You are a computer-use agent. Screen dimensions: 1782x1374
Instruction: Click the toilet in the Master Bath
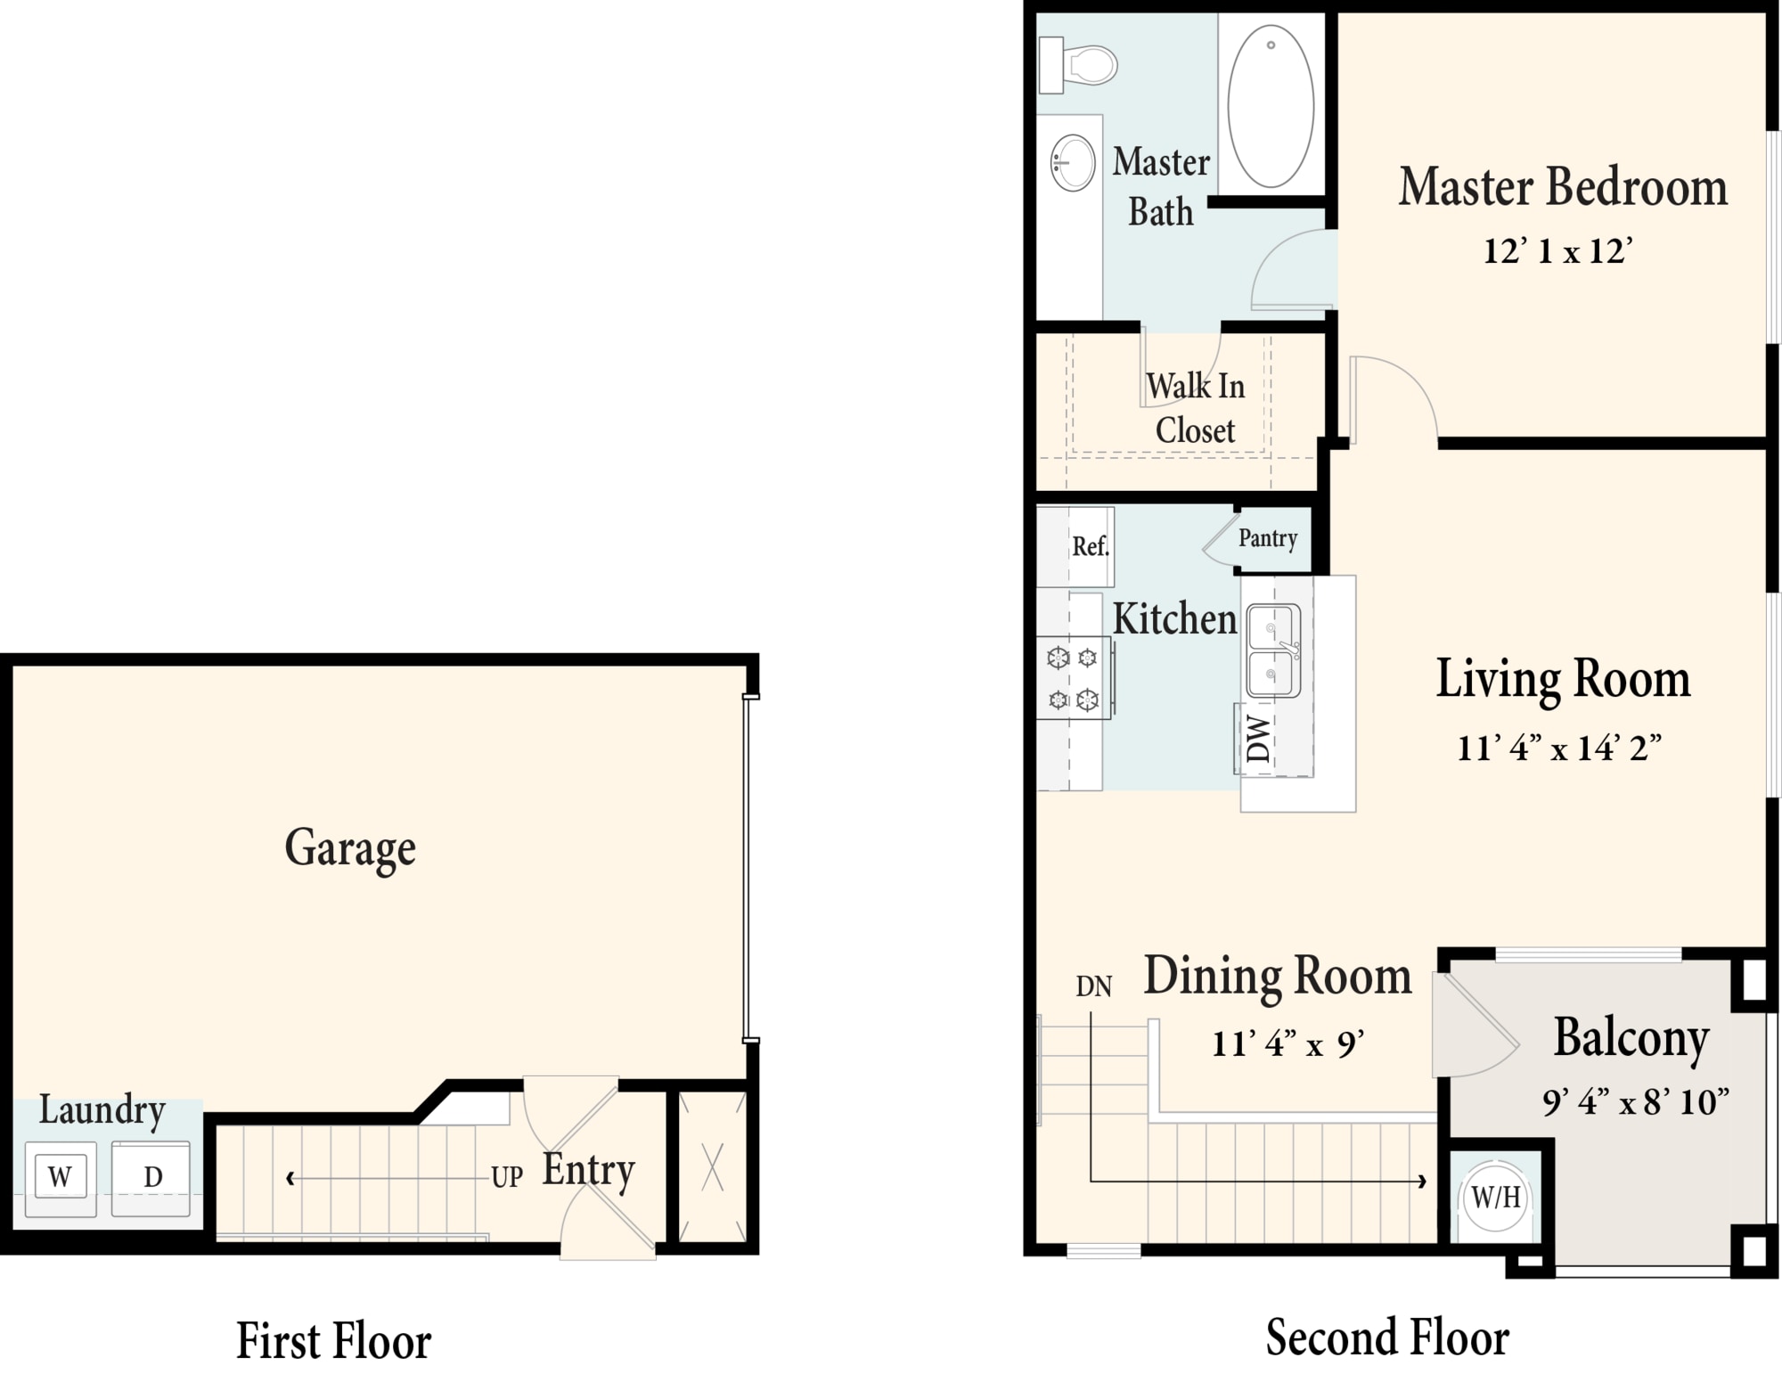[1078, 65]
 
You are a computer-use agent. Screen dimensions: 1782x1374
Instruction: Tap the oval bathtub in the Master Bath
[1271, 106]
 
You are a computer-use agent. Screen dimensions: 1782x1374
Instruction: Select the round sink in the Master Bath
[1073, 163]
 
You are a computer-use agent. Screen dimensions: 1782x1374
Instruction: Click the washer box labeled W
[61, 1176]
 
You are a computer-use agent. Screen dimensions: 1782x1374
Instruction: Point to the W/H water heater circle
[1496, 1197]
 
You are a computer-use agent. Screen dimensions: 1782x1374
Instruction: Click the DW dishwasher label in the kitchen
[1257, 739]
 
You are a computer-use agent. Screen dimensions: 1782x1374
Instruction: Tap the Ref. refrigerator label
[1091, 546]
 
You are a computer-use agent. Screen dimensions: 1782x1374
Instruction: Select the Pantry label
[1268, 538]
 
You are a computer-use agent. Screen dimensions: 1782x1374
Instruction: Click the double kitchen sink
[1274, 650]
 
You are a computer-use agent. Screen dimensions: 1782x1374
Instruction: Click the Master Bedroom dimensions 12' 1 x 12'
[1557, 250]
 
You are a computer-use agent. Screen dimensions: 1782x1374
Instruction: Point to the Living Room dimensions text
[1559, 748]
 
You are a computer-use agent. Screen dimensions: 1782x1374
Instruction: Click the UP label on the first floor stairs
[507, 1177]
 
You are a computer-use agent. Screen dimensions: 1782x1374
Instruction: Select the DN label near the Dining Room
[1094, 986]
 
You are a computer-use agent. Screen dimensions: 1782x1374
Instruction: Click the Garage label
[350, 848]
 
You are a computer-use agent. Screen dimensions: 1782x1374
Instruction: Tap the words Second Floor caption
[1387, 1337]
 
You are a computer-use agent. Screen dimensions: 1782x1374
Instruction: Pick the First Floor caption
[333, 1340]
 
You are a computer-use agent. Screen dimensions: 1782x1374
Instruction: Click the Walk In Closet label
[1195, 408]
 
